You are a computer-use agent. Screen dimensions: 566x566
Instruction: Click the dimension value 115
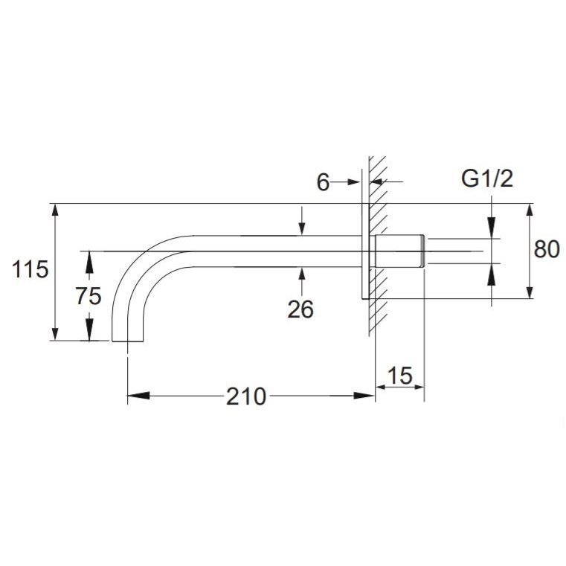[30, 269]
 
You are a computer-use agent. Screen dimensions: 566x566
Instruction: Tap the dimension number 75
[89, 296]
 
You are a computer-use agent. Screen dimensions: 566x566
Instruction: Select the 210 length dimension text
[246, 396]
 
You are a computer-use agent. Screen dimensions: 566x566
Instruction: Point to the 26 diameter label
[300, 309]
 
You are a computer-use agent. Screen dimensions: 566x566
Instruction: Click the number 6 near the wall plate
[323, 182]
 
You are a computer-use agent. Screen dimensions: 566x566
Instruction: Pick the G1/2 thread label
[487, 179]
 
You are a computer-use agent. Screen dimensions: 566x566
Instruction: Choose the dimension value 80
[547, 249]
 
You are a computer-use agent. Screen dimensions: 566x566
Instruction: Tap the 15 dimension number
[399, 376]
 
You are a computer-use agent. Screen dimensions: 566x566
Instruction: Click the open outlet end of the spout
[128, 341]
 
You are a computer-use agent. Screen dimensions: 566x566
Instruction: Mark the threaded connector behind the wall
[399, 251]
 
